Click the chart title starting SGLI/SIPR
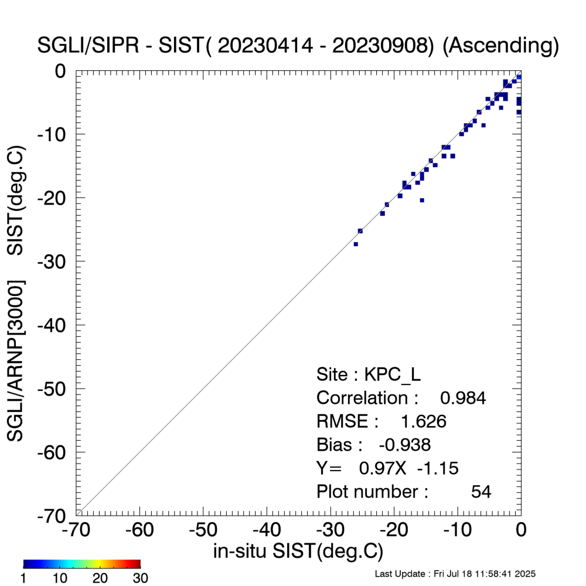click(298, 45)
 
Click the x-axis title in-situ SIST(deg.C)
click(298, 551)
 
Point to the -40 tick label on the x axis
click(267, 530)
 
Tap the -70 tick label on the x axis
click(76, 530)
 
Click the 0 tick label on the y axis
click(61, 70)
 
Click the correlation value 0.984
click(463, 398)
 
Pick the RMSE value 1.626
click(423, 422)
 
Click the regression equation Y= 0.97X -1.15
click(387, 468)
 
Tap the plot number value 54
click(481, 492)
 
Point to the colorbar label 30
click(141, 578)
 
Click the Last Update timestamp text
click(455, 574)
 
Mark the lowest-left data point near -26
click(356, 244)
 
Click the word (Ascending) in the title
click(500, 45)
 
